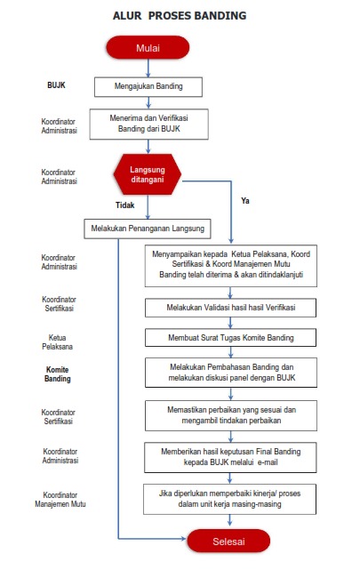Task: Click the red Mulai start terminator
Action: (x=148, y=47)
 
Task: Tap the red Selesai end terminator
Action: (x=228, y=542)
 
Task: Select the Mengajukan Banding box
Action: (x=148, y=86)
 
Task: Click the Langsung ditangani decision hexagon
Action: (x=148, y=174)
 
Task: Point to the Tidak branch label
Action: (x=125, y=205)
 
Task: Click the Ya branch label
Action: (x=245, y=201)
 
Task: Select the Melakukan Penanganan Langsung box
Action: (x=148, y=229)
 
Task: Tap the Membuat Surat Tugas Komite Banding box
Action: (x=230, y=338)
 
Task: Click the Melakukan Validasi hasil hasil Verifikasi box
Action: (x=230, y=308)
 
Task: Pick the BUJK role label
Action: (x=56, y=85)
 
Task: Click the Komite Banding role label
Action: (x=58, y=374)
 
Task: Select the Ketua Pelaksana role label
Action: (x=57, y=342)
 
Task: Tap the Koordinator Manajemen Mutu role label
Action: (x=60, y=500)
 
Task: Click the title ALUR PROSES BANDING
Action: (x=180, y=15)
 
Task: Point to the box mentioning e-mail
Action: (x=230, y=457)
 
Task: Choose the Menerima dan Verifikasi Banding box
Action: (x=148, y=124)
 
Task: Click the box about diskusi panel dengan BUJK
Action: (x=231, y=373)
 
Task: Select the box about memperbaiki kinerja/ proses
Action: (x=229, y=499)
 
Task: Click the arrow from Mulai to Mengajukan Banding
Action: (x=148, y=68)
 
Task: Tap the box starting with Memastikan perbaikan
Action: (x=231, y=415)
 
